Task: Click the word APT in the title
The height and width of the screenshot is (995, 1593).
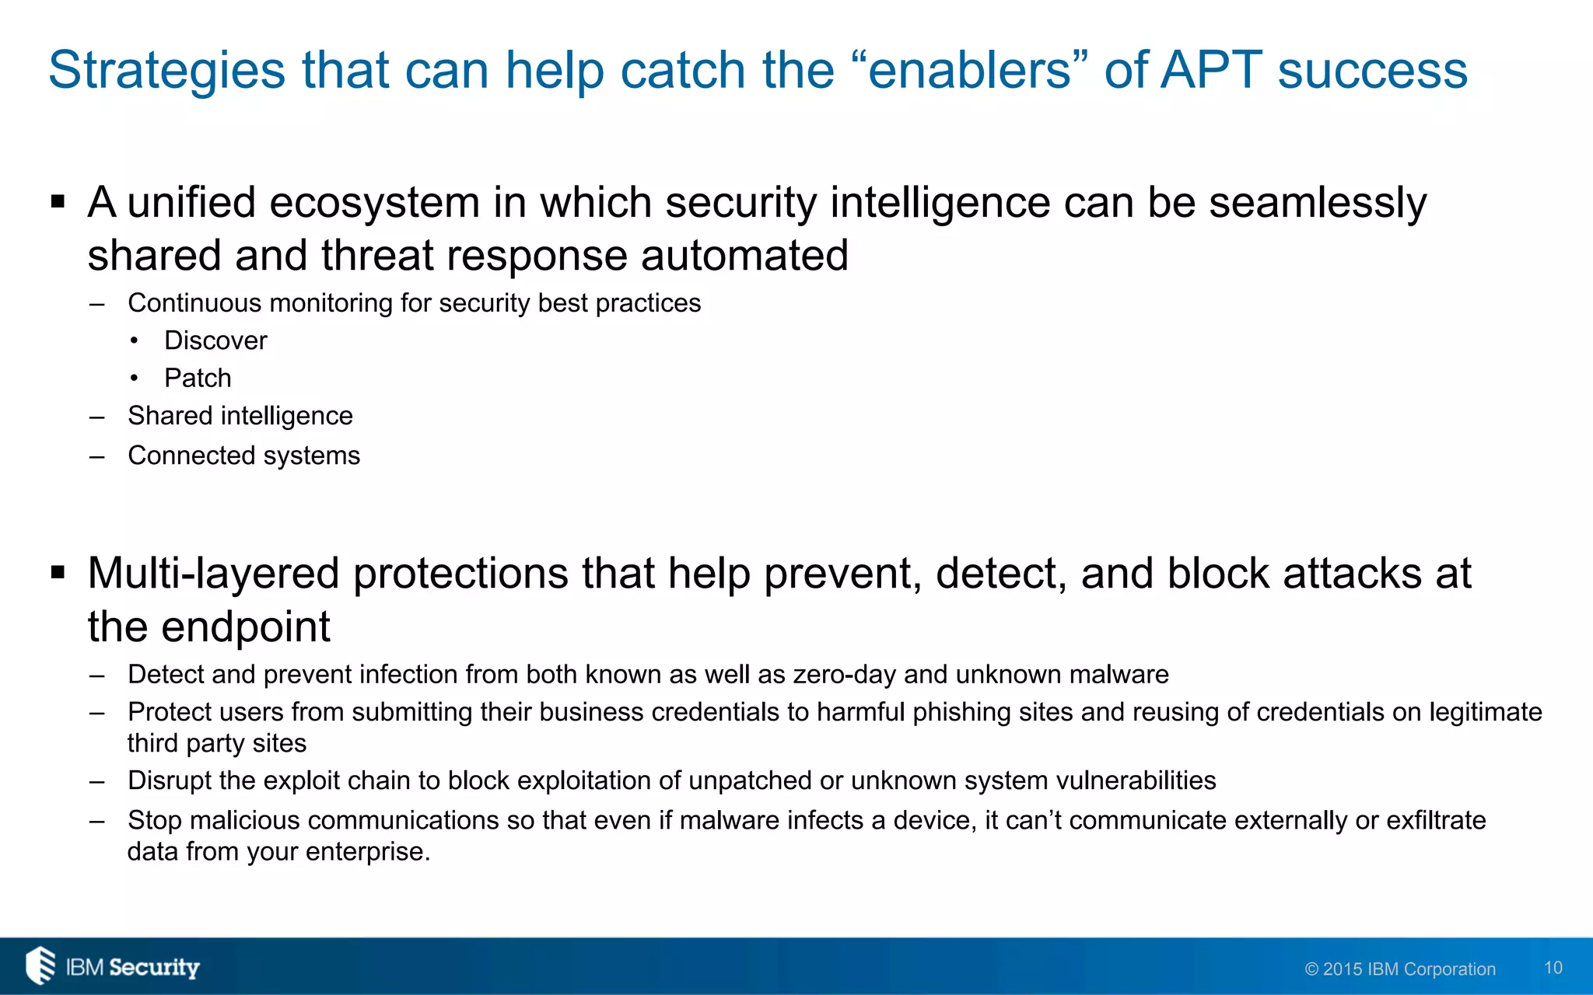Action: click(1211, 70)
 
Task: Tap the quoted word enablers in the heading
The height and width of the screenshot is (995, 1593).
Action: click(969, 70)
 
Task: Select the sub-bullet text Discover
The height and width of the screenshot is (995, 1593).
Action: click(215, 340)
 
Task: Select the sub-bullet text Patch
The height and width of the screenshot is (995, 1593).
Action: click(198, 378)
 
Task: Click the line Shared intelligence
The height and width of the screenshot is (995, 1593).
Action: click(240, 416)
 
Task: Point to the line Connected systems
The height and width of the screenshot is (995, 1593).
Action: click(243, 456)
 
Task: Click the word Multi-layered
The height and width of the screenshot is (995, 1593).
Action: click(213, 574)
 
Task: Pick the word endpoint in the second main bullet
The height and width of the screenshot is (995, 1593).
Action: click(245, 627)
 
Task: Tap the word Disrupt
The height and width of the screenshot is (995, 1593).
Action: click(170, 780)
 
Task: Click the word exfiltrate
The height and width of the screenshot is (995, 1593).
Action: click(1436, 820)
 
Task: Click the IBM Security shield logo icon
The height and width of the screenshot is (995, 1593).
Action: click(40, 965)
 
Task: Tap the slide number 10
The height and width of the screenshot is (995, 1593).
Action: click(1553, 968)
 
